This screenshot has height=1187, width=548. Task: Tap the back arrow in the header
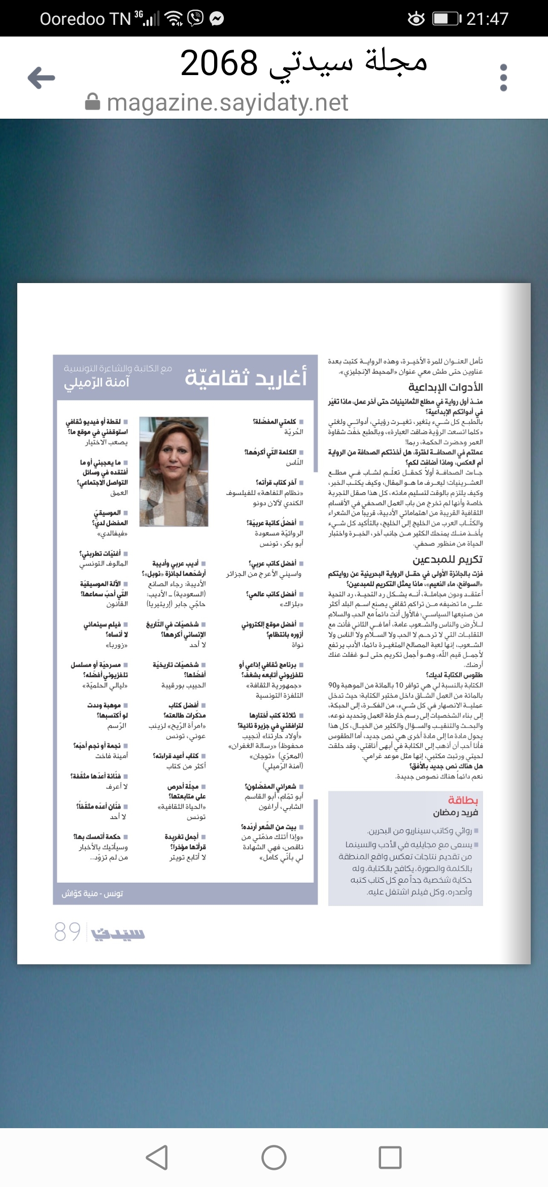[x=42, y=78]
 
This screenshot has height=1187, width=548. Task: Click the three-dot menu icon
[x=503, y=78]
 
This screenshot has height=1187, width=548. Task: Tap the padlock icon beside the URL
[x=92, y=102]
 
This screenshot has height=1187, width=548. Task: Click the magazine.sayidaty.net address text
[x=227, y=102]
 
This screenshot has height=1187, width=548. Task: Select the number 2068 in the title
[x=219, y=63]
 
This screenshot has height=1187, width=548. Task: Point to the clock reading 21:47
[x=487, y=19]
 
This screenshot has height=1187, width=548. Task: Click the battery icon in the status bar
[x=446, y=19]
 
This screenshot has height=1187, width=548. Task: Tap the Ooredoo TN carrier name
[x=85, y=19]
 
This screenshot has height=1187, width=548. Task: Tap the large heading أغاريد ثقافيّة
[x=246, y=377]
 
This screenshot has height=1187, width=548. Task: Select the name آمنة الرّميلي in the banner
[x=96, y=382]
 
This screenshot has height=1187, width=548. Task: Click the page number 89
[x=67, y=931]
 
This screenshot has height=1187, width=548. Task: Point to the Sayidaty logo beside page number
[x=118, y=933]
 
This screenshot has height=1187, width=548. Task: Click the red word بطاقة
[x=463, y=800]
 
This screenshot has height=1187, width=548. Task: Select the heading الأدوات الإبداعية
[x=446, y=387]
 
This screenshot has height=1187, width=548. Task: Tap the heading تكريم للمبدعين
[x=448, y=559]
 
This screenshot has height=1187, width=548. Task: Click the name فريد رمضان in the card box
[x=455, y=813]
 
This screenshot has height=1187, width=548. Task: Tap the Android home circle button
[x=274, y=1158]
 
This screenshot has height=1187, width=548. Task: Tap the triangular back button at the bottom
[x=157, y=1158]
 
